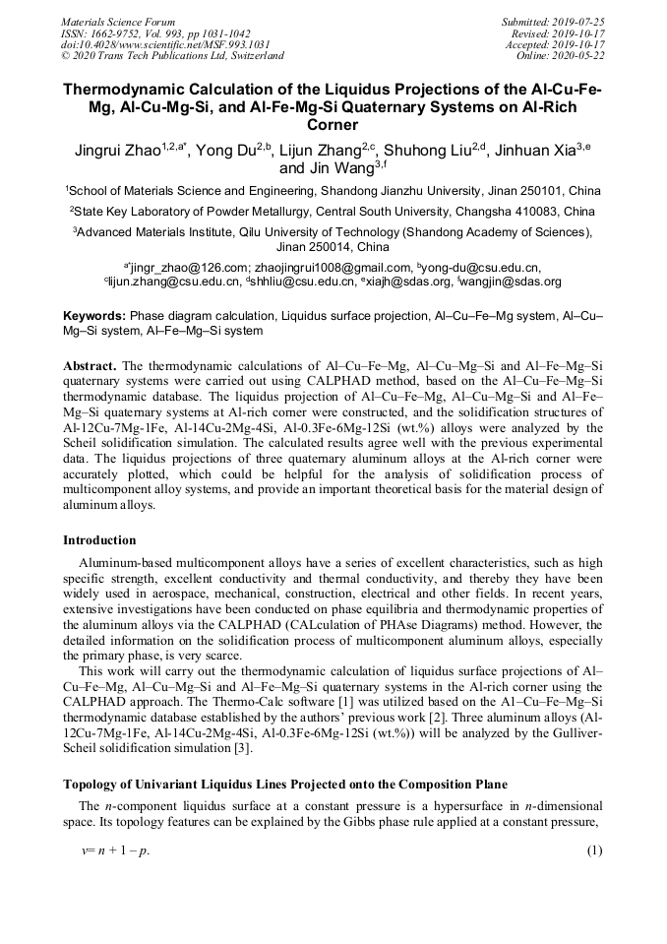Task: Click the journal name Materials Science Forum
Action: [118, 22]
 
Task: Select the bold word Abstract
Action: [90, 365]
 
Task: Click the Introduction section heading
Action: [100, 540]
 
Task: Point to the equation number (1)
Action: [594, 850]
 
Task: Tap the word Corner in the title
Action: [333, 125]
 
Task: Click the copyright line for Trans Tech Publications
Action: [172, 56]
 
